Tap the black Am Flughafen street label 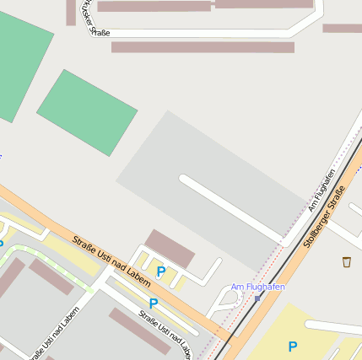[x=321, y=190]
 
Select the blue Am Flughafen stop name [x=257, y=287]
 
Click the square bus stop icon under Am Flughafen [x=257, y=298]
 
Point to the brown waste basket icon [x=347, y=262]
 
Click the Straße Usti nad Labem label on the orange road [x=111, y=255]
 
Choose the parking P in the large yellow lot [x=292, y=347]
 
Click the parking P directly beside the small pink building [x=160, y=271]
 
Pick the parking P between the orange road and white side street [x=153, y=304]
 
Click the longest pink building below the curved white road [x=203, y=47]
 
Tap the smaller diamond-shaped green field [x=86, y=111]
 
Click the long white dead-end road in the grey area [x=228, y=208]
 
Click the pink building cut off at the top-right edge [x=342, y=28]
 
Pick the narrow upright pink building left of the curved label [x=70, y=12]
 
